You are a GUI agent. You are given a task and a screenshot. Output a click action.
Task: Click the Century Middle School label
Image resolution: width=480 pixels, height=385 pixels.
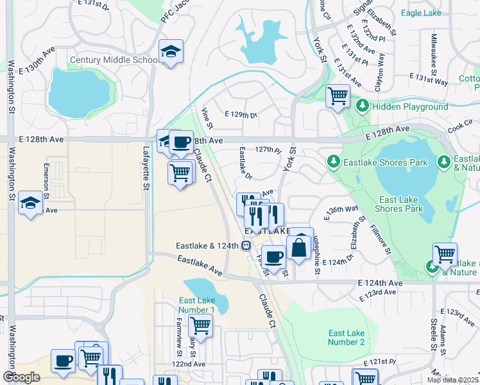click(x=114, y=60)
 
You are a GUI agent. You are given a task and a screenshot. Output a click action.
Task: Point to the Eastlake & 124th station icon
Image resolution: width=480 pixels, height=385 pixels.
click(x=246, y=245)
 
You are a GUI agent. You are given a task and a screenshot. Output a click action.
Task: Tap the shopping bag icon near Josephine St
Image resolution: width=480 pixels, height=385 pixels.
click(x=299, y=246)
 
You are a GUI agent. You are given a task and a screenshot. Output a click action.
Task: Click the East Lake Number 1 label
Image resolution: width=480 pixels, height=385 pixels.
click(x=197, y=305)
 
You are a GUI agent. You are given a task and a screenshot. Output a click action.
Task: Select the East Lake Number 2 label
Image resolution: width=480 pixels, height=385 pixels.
click(x=346, y=338)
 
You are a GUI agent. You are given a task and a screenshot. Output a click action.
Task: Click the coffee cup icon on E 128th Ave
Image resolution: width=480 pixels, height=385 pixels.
click(x=181, y=141)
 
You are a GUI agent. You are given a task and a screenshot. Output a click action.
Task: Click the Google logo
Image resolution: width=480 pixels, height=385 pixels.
click(x=21, y=377)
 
